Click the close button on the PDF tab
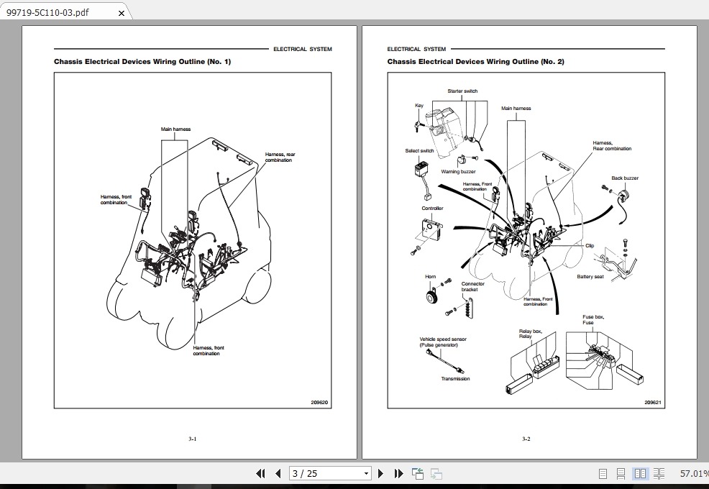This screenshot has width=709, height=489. pos(121,13)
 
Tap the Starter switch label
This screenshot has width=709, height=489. pos(462,91)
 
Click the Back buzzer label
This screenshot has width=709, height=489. pos(624,178)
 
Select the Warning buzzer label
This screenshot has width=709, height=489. pos(458,172)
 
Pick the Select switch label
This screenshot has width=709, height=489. pos(419,151)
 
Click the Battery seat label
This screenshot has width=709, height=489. pos(590,277)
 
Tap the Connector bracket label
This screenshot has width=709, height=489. pos(472,286)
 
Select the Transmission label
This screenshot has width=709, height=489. pos(455,379)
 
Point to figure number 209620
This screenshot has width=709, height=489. pos(319,403)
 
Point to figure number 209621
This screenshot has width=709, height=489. pos(653,403)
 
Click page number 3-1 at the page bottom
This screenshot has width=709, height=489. pos(193,439)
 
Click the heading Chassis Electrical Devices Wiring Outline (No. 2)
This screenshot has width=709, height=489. pos(475,62)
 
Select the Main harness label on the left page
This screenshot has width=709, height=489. pos(175,129)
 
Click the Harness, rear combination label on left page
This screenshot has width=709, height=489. pos(280,157)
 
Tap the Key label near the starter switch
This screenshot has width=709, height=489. pos(419,106)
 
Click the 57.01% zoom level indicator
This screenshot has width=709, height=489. pos(693,473)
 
